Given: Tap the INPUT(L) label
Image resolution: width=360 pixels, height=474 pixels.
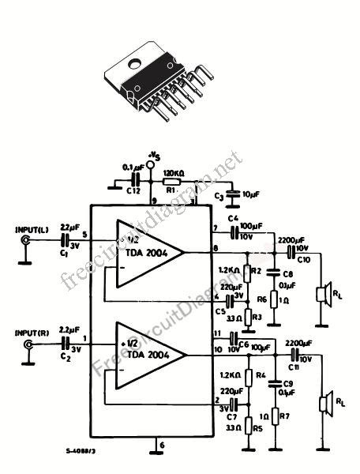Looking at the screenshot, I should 32,230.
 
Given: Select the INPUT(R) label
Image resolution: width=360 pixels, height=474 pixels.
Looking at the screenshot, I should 32,333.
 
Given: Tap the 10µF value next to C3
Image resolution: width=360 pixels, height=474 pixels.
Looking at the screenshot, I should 249,193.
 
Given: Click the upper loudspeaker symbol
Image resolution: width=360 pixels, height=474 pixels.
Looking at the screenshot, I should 323,295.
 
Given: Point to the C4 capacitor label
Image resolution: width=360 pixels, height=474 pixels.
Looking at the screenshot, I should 232,218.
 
